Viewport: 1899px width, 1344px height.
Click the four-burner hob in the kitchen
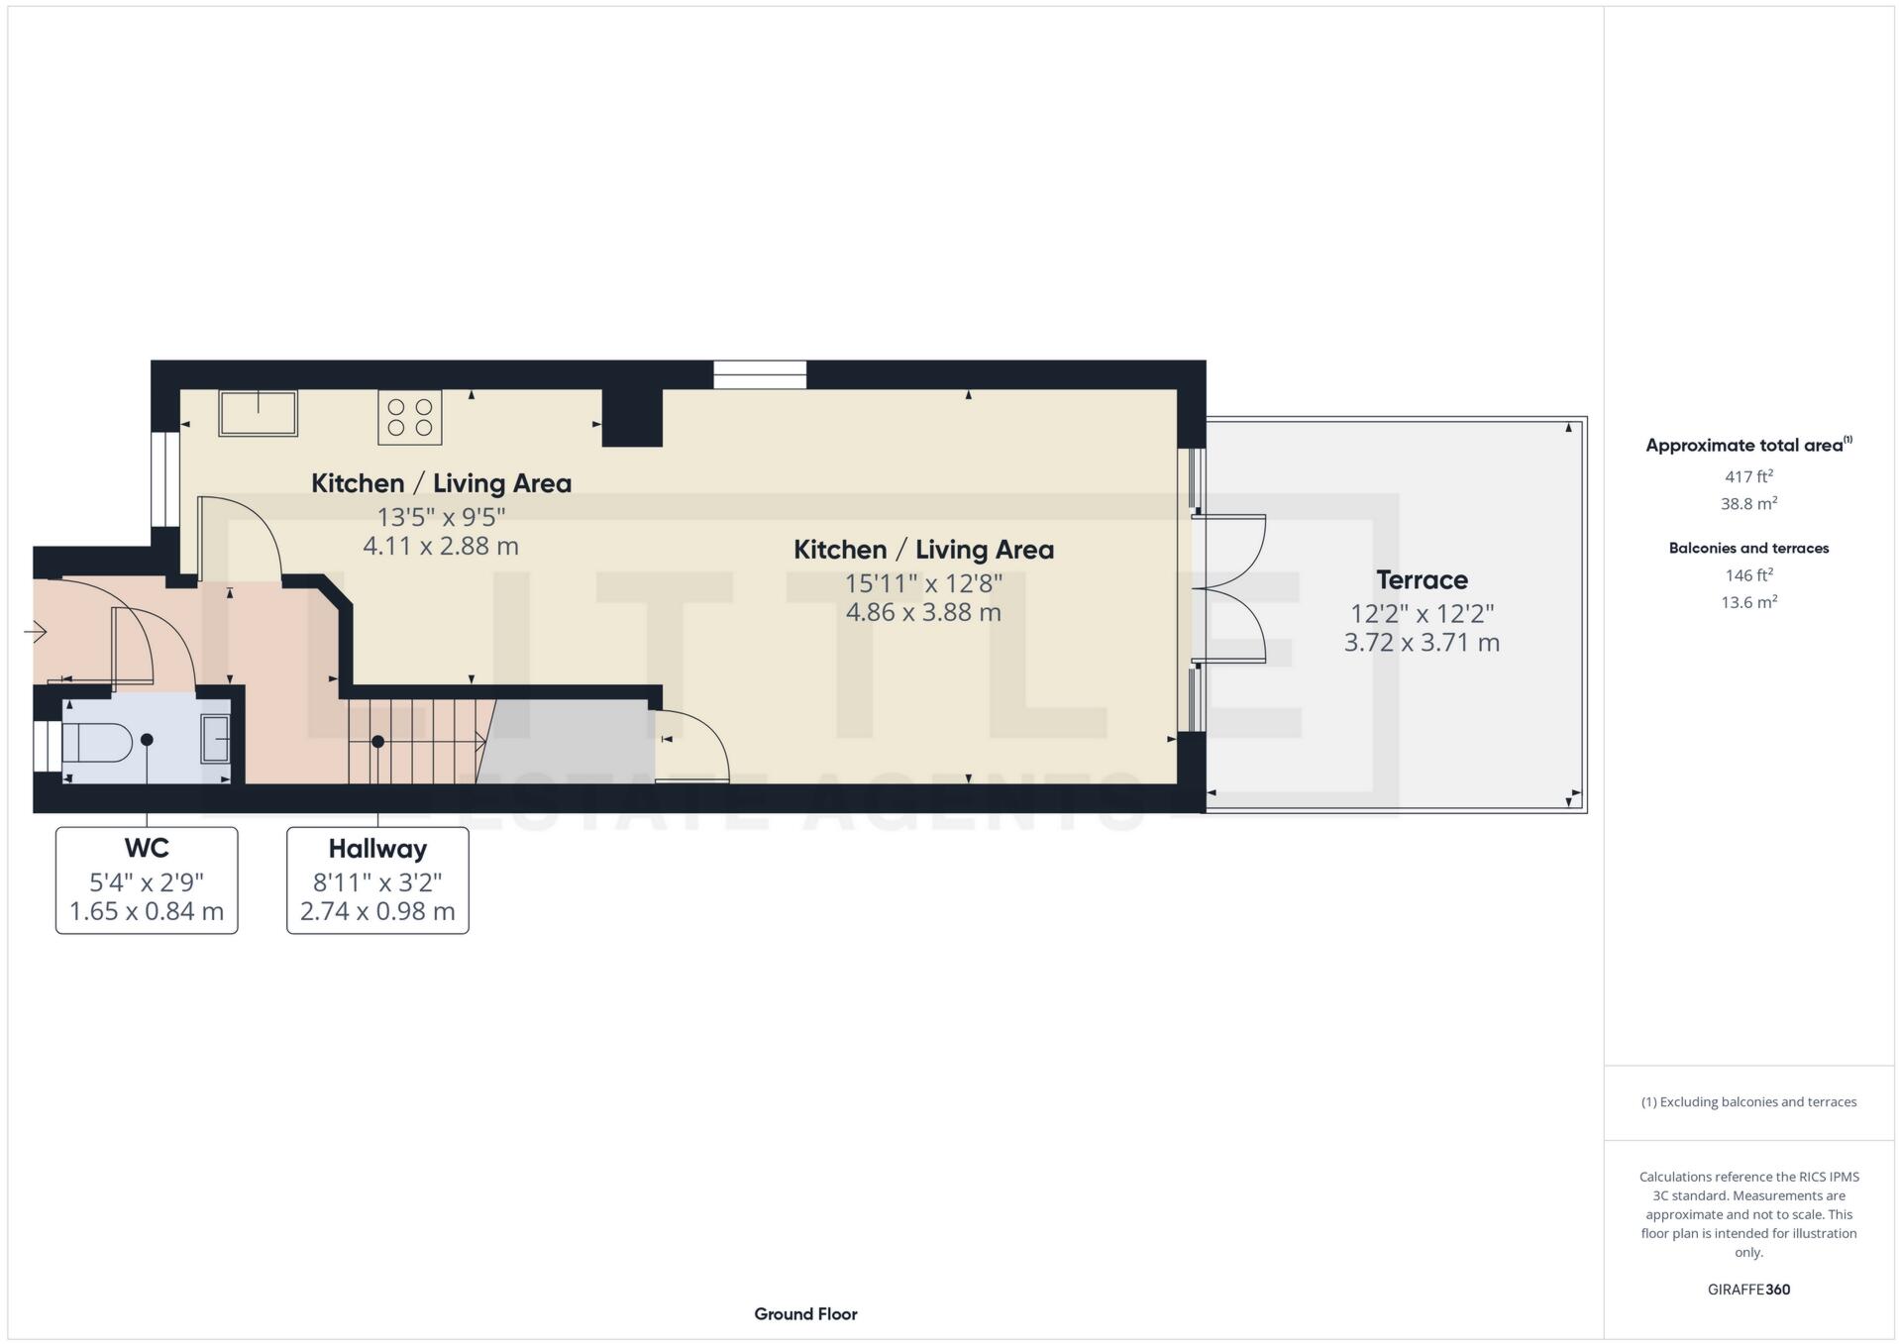click(409, 417)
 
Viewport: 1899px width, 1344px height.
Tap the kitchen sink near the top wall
click(258, 412)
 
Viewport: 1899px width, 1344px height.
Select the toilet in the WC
click(97, 742)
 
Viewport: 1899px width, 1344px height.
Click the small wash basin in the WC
click(215, 739)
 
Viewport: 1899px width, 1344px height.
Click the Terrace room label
click(1421, 580)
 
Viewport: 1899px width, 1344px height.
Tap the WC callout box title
click(147, 849)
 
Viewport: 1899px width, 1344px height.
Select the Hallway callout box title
click(377, 850)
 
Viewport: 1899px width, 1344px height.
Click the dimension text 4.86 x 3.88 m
click(922, 612)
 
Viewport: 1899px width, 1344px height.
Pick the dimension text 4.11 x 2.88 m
click(441, 546)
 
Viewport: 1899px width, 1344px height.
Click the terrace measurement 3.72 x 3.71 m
click(1421, 643)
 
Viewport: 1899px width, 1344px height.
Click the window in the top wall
click(760, 374)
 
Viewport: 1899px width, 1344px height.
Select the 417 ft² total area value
click(1748, 476)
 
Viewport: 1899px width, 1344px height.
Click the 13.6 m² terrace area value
click(1748, 602)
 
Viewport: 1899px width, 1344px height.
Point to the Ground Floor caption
click(805, 1314)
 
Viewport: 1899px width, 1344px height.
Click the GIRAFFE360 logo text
click(1748, 1290)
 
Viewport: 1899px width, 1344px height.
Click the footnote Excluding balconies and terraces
click(1748, 1102)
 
